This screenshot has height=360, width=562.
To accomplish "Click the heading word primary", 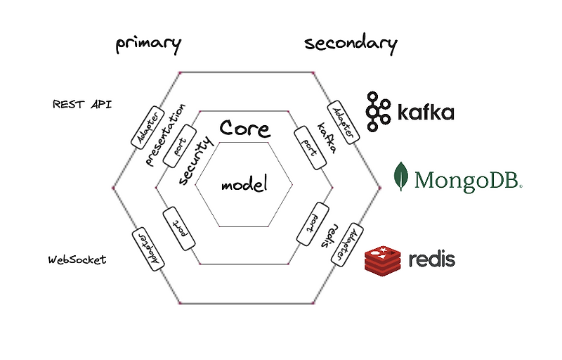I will (x=148, y=44).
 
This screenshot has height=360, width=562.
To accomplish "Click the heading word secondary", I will (x=351, y=44).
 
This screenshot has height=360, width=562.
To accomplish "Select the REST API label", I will (x=82, y=104).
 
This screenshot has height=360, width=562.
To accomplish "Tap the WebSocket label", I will (x=77, y=259).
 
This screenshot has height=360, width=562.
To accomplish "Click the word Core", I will (x=245, y=128).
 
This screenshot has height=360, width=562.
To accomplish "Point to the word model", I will (x=244, y=186).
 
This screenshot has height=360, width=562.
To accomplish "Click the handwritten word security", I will (x=195, y=161).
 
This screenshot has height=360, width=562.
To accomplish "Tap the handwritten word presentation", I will (x=166, y=134).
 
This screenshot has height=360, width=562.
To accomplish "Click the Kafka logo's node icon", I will (x=379, y=112).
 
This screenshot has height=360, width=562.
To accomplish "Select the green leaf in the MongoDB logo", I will (x=401, y=176).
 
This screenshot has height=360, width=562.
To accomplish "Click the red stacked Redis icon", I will (x=382, y=258).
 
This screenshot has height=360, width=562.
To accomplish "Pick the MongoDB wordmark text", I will (x=468, y=180).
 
